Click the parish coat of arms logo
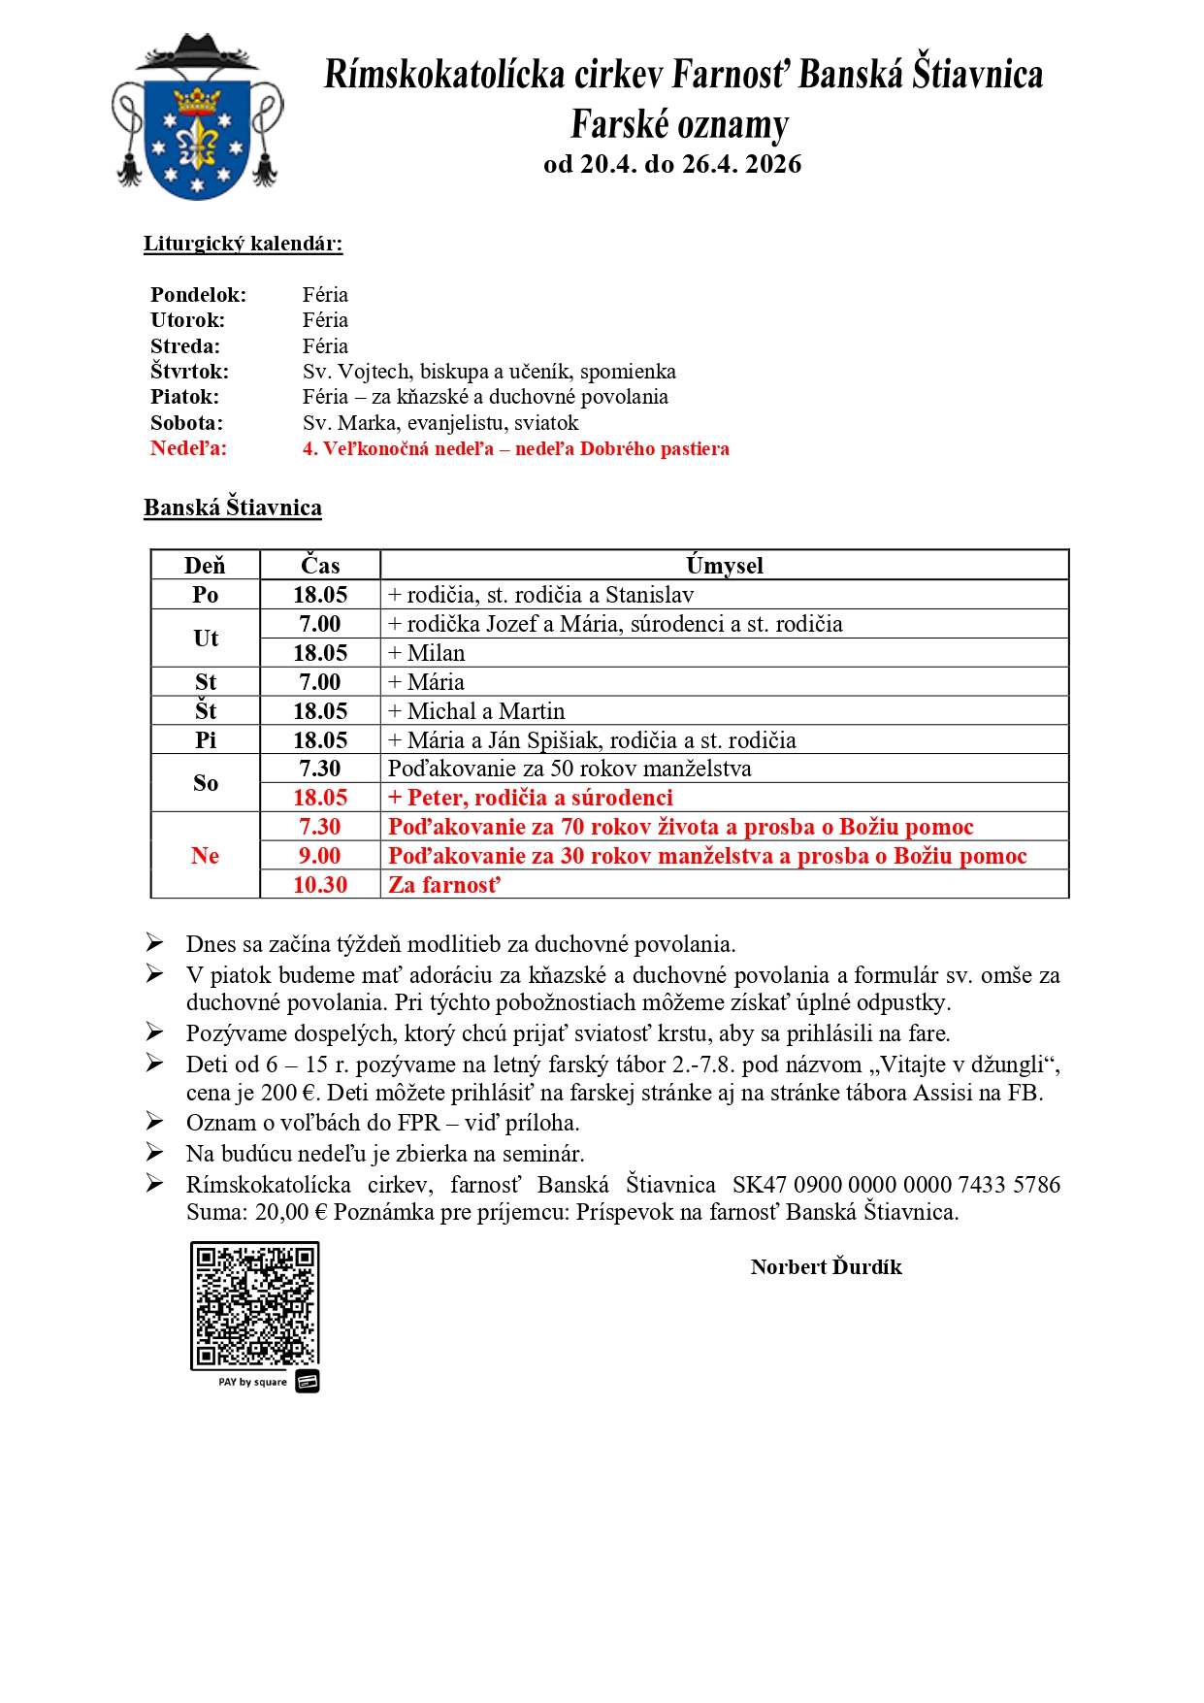[x=198, y=118]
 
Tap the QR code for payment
[x=254, y=1304]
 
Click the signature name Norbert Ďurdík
[x=826, y=1266]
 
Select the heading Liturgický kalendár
[x=243, y=244]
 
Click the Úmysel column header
[x=724, y=565]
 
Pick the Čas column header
[x=320, y=565]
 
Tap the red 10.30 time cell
[x=320, y=884]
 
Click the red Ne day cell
[x=205, y=855]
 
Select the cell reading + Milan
[x=427, y=653]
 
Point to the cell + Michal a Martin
[x=476, y=711]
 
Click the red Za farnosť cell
[x=444, y=884]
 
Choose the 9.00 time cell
[x=320, y=855]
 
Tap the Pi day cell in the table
[x=205, y=740]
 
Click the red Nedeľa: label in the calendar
[x=188, y=448]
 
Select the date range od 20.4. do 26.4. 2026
[x=672, y=164]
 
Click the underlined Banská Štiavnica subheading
[x=233, y=508]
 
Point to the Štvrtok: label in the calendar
[x=190, y=372]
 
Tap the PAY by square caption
[x=252, y=1382]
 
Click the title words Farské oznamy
[x=679, y=124]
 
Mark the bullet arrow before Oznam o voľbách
[x=155, y=1122]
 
